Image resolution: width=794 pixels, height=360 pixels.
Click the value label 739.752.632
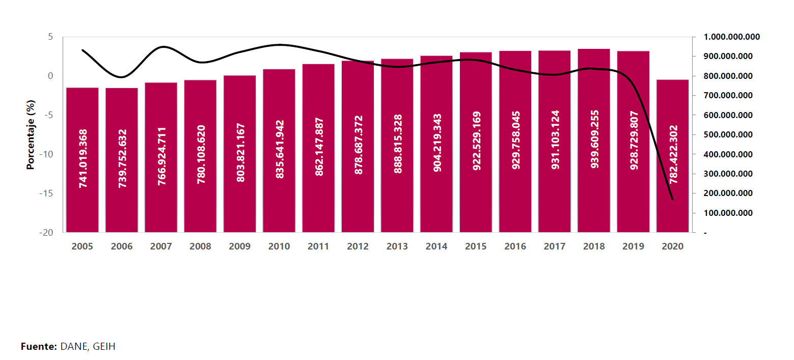pyautogui.click(x=122, y=158)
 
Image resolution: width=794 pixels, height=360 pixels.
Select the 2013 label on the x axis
pyautogui.click(x=397, y=246)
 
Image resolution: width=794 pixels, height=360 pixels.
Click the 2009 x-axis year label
pyautogui.click(x=240, y=246)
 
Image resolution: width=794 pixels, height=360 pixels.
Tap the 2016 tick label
pyautogui.click(x=515, y=246)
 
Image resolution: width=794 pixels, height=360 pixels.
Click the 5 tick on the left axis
pyautogui.click(x=50, y=37)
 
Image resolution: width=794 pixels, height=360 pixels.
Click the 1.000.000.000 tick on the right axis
pyautogui.click(x=731, y=37)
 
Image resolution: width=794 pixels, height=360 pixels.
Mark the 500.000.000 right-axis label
pyautogui.click(x=728, y=135)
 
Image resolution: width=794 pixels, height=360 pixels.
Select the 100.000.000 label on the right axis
pyautogui.click(x=728, y=213)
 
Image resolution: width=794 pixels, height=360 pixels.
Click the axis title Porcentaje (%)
pyautogui.click(x=31, y=134)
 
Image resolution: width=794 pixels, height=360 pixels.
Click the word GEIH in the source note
pyautogui.click(x=104, y=347)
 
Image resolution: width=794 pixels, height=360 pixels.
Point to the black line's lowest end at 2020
pyautogui.click(x=673, y=199)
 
